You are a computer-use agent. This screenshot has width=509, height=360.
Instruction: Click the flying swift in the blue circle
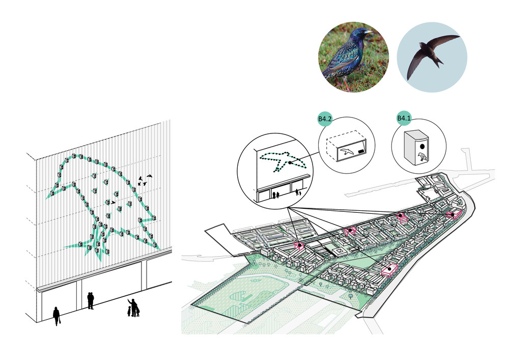(x=427, y=55)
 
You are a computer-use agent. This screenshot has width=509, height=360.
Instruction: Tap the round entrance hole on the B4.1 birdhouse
(x=422, y=146)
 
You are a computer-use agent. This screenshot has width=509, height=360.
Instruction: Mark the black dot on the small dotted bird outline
(x=290, y=162)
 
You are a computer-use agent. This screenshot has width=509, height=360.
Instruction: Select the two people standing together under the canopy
(x=91, y=300)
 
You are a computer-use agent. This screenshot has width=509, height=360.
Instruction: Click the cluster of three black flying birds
(x=145, y=179)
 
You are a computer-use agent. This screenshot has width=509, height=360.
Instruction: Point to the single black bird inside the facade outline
(x=113, y=202)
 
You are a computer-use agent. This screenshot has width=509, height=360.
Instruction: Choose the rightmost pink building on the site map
(x=453, y=215)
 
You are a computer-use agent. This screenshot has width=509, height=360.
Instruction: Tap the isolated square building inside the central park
(x=336, y=252)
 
